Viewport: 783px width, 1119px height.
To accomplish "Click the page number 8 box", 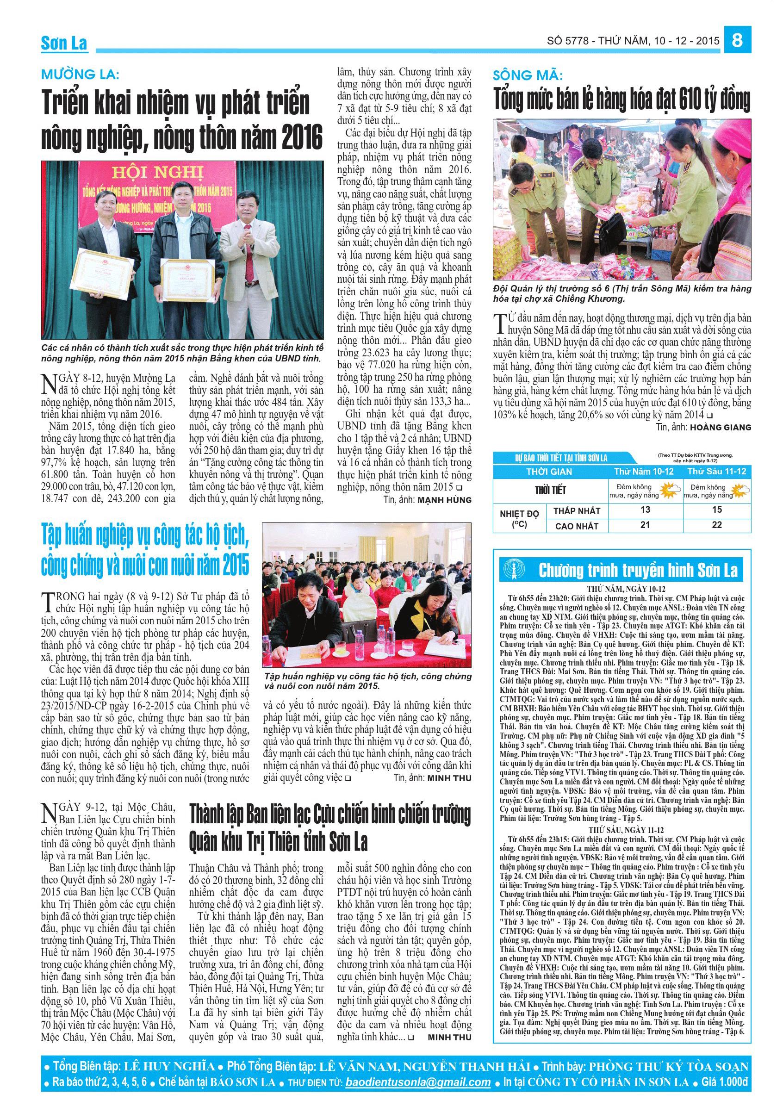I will pyautogui.click(x=737, y=40).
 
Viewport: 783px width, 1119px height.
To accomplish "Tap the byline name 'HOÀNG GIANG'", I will pyautogui.click(x=719, y=428).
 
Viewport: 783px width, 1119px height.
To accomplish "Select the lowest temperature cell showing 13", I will pyautogui.click(x=645, y=510).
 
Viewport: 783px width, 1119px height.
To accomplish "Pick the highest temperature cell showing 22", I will pyautogui.click(x=716, y=524).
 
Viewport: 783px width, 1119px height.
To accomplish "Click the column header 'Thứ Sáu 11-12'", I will pyautogui.click(x=716, y=471).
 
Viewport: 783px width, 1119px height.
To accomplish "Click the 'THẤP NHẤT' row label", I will pyautogui.click(x=577, y=511).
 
